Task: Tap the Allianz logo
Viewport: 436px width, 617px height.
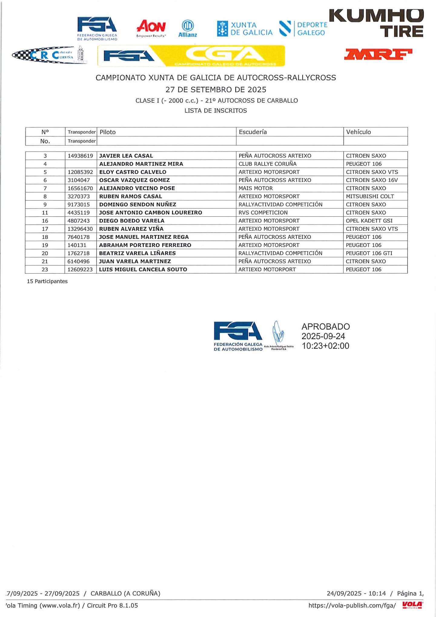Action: click(x=188, y=28)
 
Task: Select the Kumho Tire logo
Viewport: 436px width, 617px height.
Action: click(x=377, y=23)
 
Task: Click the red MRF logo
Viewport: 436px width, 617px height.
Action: click(x=378, y=54)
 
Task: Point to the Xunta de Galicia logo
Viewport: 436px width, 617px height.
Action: click(x=245, y=29)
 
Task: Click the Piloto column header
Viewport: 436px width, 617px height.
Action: click(x=108, y=132)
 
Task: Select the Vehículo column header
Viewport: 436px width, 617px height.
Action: click(x=358, y=132)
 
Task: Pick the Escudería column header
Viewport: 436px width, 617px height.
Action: click(x=253, y=132)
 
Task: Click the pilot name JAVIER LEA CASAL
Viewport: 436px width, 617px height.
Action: click(x=126, y=156)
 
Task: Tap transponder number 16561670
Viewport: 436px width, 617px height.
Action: click(x=80, y=188)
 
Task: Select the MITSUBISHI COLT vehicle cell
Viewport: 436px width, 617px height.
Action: click(x=370, y=196)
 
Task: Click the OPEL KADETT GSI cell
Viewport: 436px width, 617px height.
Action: click(x=369, y=221)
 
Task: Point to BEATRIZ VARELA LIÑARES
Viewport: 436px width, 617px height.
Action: click(x=137, y=253)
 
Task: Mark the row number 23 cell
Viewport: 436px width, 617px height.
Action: click(x=45, y=269)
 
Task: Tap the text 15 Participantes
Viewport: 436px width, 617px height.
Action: click(x=47, y=281)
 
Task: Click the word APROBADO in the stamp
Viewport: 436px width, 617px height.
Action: click(x=325, y=327)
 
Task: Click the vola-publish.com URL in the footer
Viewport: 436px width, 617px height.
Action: click(x=352, y=605)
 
